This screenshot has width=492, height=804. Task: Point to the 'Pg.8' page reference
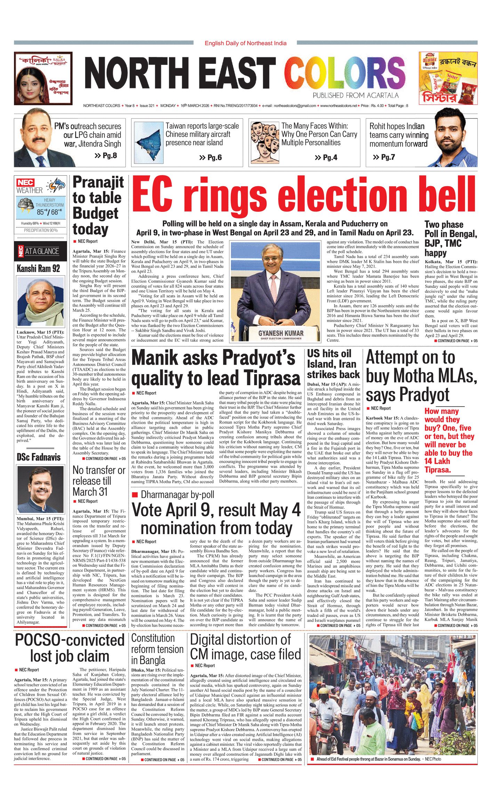[106, 156]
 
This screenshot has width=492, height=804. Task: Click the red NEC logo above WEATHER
[25, 183]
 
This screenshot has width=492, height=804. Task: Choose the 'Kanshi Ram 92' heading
[38, 268]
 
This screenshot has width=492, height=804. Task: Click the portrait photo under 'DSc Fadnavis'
[40, 489]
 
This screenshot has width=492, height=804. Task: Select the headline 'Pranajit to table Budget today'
[98, 206]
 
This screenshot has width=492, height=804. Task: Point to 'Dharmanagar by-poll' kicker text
[177, 495]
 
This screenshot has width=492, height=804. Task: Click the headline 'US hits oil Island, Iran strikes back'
[333, 364]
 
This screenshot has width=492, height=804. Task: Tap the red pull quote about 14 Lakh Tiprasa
[449, 441]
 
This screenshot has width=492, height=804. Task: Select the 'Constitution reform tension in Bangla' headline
[157, 649]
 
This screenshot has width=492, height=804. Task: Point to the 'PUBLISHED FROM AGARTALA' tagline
[355, 96]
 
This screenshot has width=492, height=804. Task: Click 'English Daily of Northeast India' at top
[245, 43]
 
